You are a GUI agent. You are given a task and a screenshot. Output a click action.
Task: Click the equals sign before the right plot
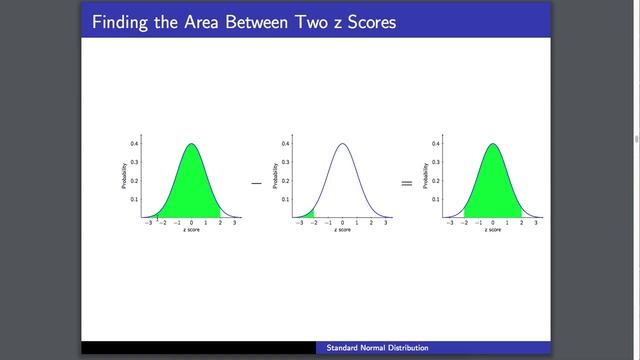point(406,183)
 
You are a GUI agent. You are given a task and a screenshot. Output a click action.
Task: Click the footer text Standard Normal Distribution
point(378,348)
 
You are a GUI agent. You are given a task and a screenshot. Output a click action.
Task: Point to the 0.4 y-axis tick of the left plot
point(135,144)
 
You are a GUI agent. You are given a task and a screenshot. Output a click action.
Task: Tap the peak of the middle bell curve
point(342,144)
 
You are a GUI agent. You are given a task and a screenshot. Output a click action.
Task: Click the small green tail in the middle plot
point(310,214)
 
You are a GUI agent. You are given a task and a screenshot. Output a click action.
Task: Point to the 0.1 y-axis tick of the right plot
point(435,199)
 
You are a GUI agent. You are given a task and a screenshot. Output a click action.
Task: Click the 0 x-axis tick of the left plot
point(191,223)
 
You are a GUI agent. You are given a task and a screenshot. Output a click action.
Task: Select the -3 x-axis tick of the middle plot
point(299,223)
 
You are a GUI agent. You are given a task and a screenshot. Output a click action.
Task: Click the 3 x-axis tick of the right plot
point(535,223)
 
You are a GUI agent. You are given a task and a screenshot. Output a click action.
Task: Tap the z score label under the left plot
point(191,231)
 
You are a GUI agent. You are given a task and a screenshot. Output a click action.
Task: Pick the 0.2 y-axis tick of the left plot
point(135,181)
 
